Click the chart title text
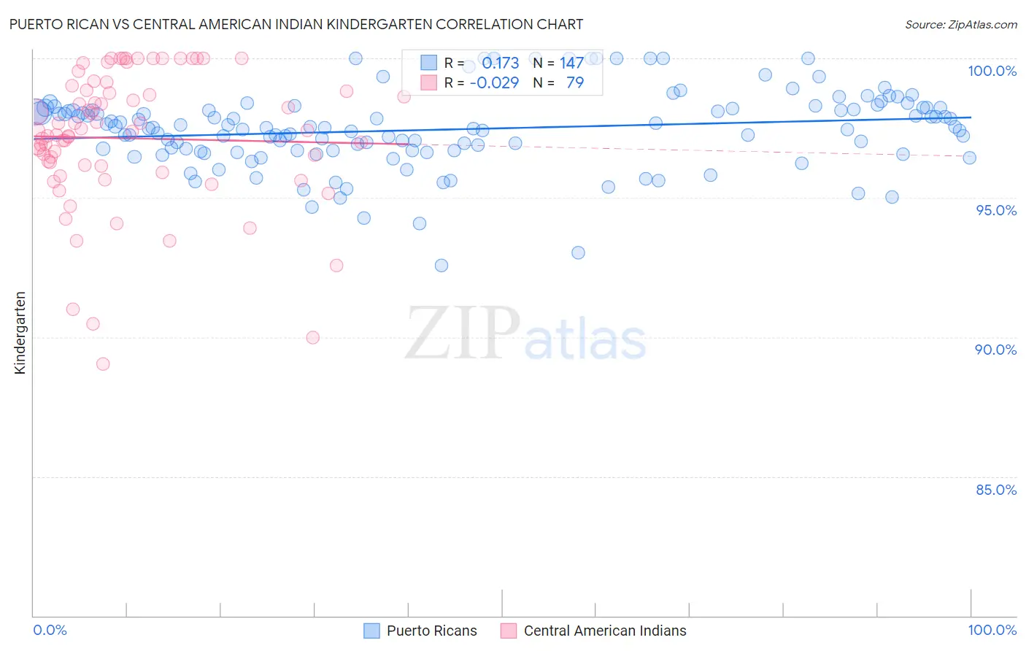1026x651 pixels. click(296, 24)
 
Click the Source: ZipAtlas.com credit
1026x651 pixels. click(960, 24)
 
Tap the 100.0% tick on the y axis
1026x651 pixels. click(992, 71)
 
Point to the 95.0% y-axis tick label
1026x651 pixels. click(995, 210)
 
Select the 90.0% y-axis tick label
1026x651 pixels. click(995, 350)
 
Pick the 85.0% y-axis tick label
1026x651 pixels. click(995, 490)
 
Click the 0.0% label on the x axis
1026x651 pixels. click(50, 630)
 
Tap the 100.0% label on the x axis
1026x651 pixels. click(992, 630)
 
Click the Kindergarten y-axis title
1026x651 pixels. click(20, 333)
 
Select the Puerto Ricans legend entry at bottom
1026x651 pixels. click(431, 631)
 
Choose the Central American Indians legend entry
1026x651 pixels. click(604, 631)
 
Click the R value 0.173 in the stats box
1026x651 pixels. click(500, 63)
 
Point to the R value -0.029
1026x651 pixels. click(494, 83)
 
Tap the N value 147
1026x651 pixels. click(571, 63)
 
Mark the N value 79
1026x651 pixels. click(575, 83)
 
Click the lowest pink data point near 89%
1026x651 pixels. click(103, 364)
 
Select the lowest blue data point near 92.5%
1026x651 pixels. click(441, 266)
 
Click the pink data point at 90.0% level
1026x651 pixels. click(313, 337)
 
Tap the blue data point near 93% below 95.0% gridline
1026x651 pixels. click(578, 253)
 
